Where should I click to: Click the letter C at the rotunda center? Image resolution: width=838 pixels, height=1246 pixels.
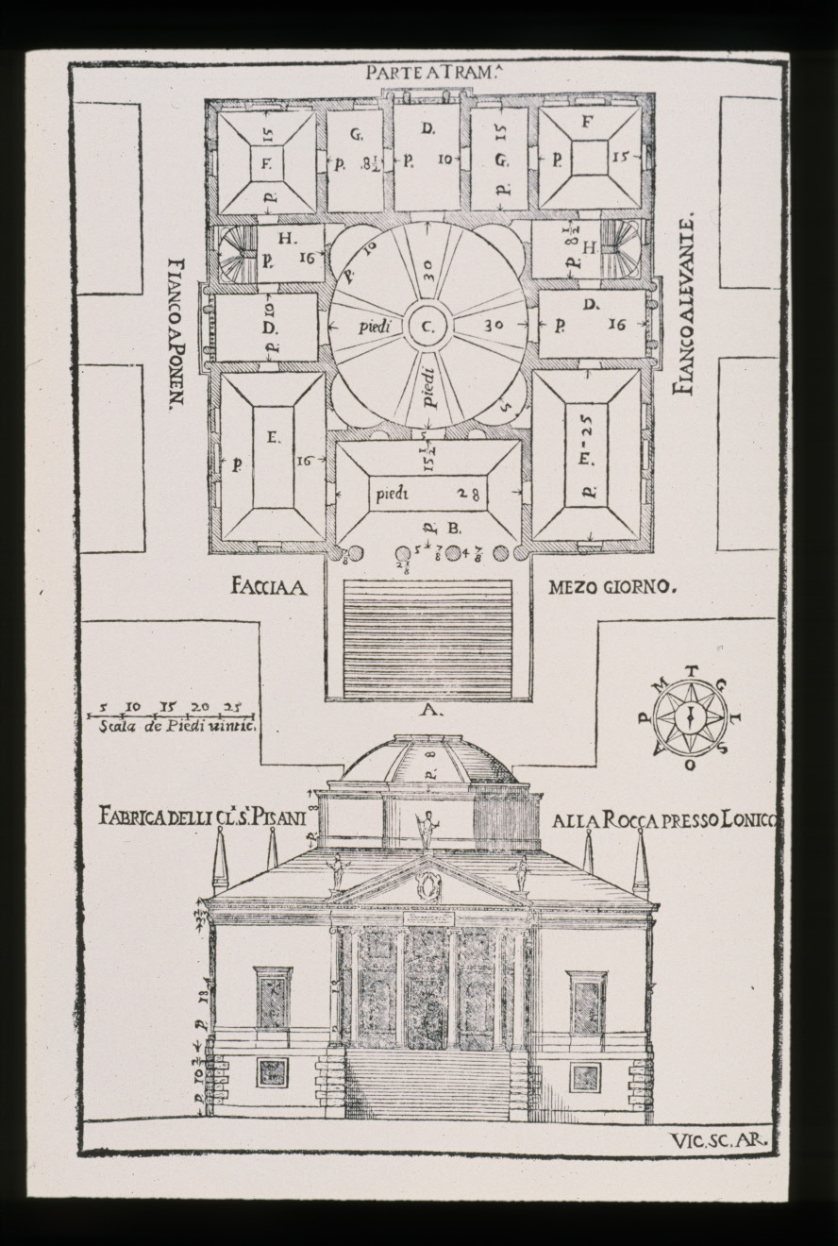427,328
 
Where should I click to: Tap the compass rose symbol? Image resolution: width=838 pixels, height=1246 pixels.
691,717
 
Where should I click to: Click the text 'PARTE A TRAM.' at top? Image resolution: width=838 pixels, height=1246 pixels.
422,74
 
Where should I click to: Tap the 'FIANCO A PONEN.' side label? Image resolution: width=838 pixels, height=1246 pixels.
174,331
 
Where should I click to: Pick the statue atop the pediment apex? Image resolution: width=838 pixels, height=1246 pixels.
426,832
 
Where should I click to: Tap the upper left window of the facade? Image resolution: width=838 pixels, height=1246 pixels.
273,1000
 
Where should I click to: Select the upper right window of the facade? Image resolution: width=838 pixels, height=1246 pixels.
586,1002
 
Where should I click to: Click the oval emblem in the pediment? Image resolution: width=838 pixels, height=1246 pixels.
429,886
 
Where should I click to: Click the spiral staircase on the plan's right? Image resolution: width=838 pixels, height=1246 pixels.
620,248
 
